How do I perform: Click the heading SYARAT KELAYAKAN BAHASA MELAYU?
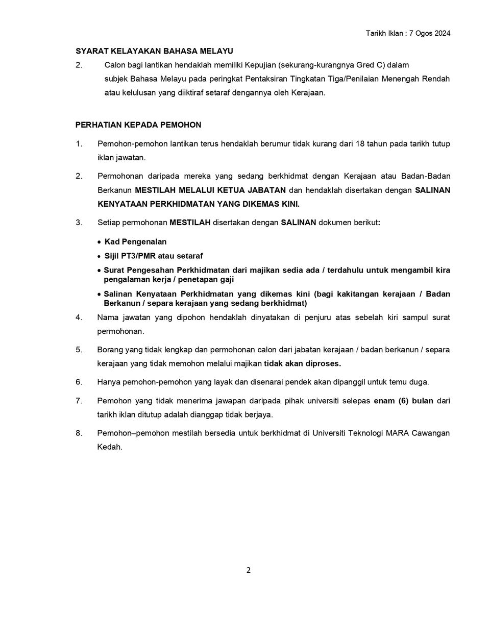click(154, 51)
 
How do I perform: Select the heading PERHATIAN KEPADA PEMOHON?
click(138, 125)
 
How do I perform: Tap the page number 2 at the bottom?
click(249, 570)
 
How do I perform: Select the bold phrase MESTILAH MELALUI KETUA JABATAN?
click(210, 190)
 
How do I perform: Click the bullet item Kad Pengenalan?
click(135, 241)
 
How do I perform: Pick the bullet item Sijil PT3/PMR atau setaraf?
click(154, 256)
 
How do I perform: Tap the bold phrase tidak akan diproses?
click(302, 363)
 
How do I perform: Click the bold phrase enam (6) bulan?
click(403, 401)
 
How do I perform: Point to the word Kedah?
click(110, 447)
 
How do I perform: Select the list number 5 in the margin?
click(79, 350)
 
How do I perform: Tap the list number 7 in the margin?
click(79, 401)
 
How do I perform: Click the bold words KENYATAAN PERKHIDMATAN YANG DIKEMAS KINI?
click(199, 204)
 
